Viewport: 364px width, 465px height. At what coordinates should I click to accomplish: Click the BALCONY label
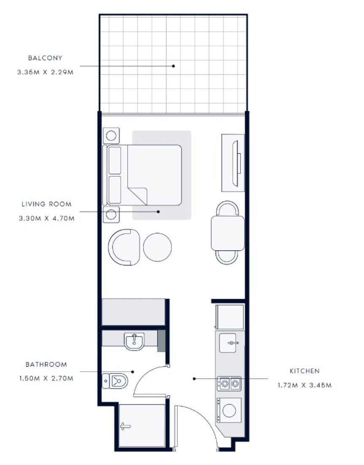[x=45, y=58]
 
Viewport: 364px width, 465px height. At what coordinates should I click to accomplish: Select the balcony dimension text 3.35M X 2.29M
[x=45, y=72]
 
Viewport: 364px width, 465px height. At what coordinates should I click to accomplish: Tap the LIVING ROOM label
[x=46, y=204]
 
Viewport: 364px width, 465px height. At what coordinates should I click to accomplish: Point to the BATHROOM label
[x=46, y=364]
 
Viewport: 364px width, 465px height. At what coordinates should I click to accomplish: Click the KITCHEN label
[x=304, y=371]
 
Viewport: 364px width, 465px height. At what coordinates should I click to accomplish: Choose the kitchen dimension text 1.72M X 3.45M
[x=304, y=385]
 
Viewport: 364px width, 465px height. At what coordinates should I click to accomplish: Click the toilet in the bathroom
[x=115, y=381]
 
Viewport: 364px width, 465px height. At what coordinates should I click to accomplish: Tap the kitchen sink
[x=228, y=343]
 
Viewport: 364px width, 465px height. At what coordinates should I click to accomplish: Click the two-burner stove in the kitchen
[x=229, y=384]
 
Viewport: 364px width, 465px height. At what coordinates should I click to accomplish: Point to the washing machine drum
[x=229, y=411]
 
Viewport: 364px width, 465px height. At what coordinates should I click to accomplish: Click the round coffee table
[x=157, y=247]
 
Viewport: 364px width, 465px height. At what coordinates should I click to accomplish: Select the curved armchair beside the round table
[x=124, y=247]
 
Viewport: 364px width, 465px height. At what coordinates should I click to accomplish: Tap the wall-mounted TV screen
[x=236, y=164]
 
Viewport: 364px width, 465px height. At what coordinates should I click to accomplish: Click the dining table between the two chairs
[x=228, y=233]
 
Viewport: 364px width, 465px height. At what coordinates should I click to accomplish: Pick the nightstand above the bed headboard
[x=111, y=136]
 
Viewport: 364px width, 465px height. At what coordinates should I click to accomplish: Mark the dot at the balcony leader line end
[x=174, y=66]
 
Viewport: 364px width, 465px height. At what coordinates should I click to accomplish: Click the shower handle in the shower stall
[x=125, y=427]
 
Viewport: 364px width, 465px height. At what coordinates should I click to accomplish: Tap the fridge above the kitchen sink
[x=230, y=317]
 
